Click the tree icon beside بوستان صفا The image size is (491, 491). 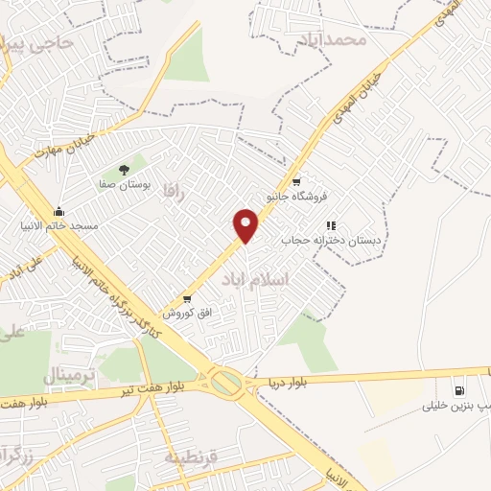pyautogui.click(x=124, y=170)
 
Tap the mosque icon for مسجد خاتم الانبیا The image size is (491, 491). pyautogui.click(x=58, y=211)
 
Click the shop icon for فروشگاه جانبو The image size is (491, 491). pyautogui.click(x=295, y=181)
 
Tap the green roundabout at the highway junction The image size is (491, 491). pyautogui.click(x=226, y=384)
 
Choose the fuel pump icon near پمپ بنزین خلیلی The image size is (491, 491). pyautogui.click(x=458, y=390)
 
